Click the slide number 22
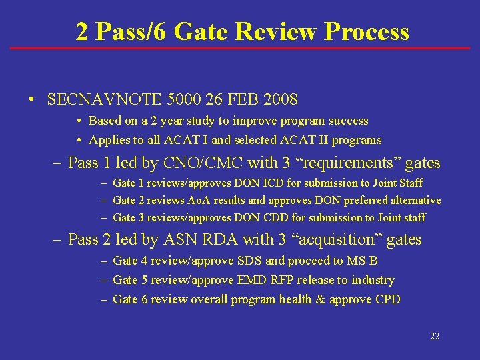pyautogui.click(x=435, y=337)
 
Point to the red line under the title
pyautogui.click(x=240, y=48)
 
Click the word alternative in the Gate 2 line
pyautogui.click(x=414, y=200)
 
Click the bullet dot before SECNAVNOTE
pyautogui.click(x=31, y=101)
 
